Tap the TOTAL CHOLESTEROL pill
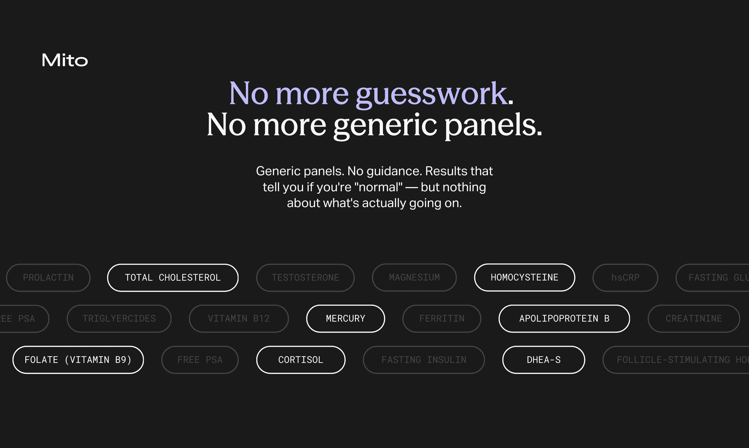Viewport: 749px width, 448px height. [173, 277]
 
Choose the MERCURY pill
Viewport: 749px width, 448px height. [345, 319]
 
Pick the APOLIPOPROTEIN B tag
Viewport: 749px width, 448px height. [564, 319]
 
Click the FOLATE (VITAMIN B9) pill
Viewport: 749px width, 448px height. [78, 359]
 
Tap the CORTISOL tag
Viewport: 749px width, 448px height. [301, 359]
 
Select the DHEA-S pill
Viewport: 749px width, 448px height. [543, 359]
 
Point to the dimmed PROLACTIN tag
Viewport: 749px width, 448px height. [48, 277]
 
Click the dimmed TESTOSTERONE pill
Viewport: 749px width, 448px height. [305, 277]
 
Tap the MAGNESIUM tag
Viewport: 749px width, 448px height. [414, 277]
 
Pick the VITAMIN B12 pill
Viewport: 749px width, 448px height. [239, 319]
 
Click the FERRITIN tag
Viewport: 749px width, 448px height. [442, 319]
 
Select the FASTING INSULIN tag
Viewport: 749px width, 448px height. [424, 359]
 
